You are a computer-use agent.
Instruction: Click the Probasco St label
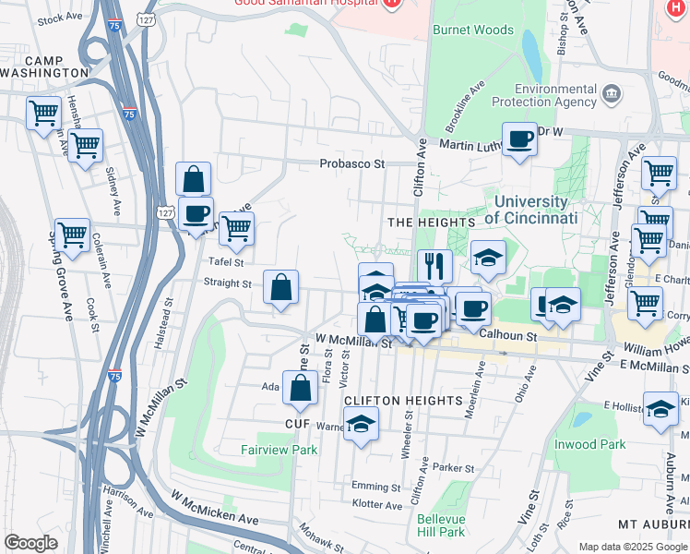pos(351,163)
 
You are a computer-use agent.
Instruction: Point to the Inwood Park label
pos(589,444)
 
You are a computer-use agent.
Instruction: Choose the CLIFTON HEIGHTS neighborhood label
pos(402,400)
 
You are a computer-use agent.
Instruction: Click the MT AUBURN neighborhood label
pos(653,524)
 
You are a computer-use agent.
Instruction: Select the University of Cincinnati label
pos(530,210)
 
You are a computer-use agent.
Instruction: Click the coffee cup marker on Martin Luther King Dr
pos(519,139)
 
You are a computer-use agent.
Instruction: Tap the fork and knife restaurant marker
pos(434,266)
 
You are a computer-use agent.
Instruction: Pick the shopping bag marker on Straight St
pos(280,287)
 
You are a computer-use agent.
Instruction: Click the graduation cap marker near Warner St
pos(361,425)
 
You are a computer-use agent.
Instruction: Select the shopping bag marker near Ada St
pos(301,389)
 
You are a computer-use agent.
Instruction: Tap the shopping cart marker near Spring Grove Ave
pos(72,235)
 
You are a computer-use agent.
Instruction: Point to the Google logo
pos(30,543)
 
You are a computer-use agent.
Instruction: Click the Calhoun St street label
pos(517,337)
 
